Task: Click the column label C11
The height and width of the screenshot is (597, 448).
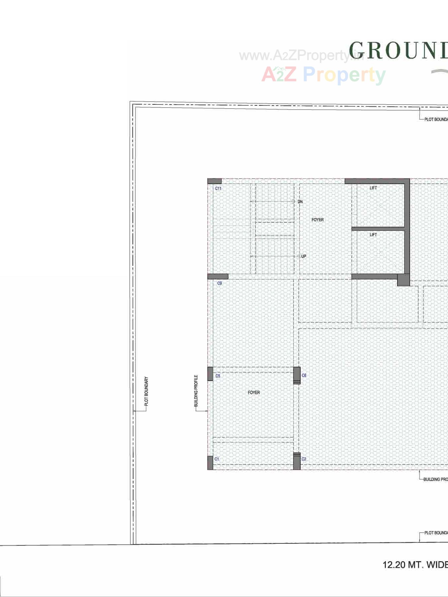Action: tap(218, 188)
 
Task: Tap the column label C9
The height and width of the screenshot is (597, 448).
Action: tap(219, 283)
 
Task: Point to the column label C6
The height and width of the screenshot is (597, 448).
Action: tap(304, 375)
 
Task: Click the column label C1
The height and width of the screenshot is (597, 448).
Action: tap(217, 459)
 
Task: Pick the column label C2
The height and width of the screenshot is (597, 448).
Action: tap(304, 459)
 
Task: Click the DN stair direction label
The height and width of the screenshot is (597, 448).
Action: tap(300, 201)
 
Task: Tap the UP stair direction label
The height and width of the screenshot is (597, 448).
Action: tap(304, 256)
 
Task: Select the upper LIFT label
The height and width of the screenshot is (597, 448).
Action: tap(373, 188)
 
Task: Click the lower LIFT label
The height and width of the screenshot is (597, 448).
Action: tap(373, 235)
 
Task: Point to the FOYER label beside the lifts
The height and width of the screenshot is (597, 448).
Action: tap(317, 220)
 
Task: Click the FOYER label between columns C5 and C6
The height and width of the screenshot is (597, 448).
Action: tap(254, 393)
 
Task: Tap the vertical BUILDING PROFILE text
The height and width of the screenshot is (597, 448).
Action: tap(196, 391)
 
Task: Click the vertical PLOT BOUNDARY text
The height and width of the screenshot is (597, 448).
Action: tap(146, 391)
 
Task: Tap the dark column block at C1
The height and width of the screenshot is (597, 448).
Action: tap(210, 463)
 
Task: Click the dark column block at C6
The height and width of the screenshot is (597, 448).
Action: tap(297, 375)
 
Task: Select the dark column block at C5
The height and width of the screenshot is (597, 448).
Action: tap(210, 374)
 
